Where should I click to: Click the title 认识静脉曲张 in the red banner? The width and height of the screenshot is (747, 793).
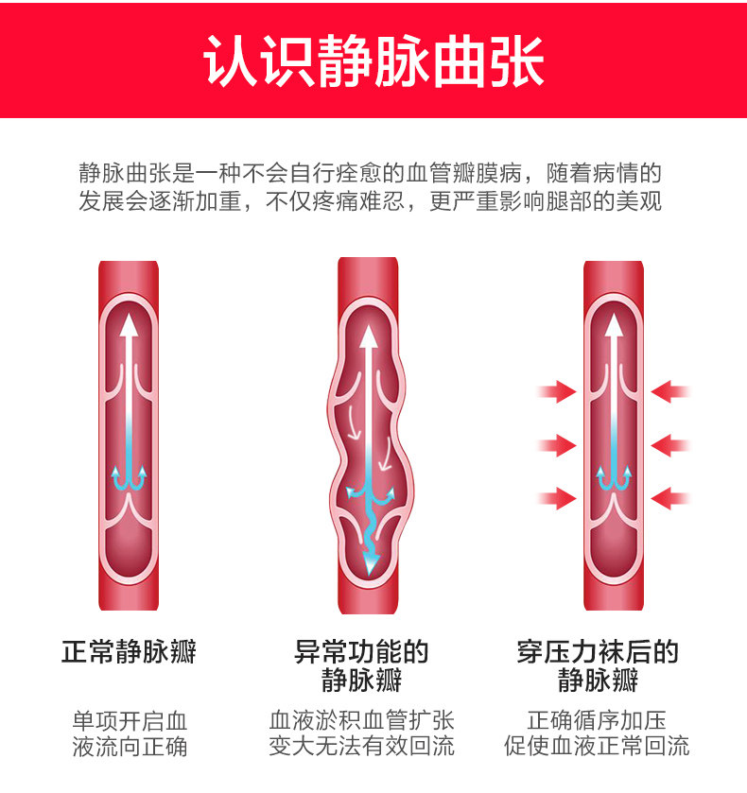373,61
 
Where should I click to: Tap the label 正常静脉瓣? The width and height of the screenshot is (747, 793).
129,651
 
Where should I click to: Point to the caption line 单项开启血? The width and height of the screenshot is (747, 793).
130,719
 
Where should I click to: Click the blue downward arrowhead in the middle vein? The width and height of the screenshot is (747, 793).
370,561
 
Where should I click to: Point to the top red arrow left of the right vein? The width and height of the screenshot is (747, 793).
557,390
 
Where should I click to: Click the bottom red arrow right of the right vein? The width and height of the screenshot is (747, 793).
671,496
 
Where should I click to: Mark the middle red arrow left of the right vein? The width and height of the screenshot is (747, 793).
557,443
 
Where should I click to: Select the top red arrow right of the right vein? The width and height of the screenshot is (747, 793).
671,390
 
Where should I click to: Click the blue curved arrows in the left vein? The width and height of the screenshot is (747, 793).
129,478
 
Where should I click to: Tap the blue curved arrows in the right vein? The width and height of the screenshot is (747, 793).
614,478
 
